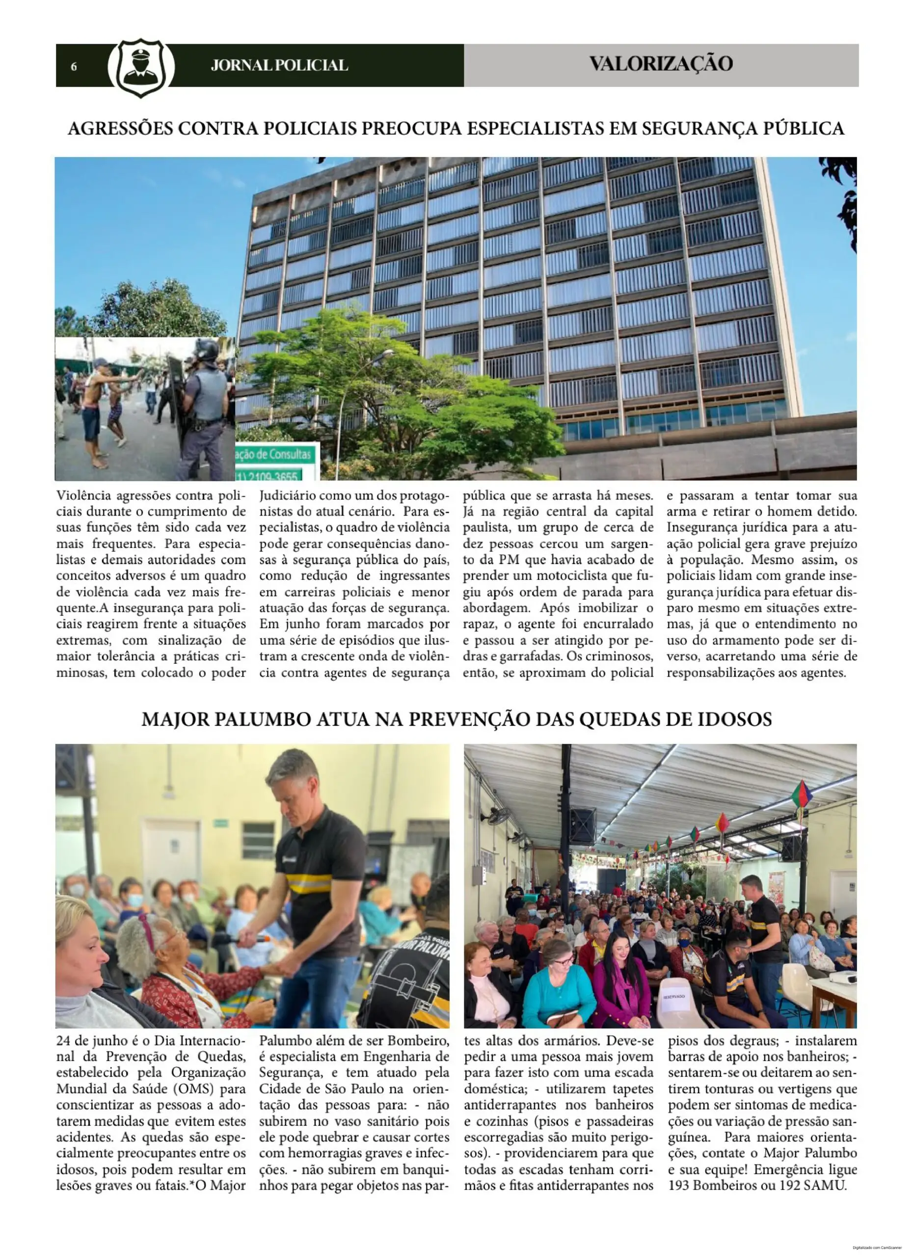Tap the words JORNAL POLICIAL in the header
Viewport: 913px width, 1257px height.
[x=279, y=65]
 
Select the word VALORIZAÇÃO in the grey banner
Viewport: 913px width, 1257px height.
[x=660, y=64]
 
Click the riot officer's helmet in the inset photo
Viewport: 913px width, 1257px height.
[x=207, y=349]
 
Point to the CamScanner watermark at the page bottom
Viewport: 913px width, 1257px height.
[x=881, y=1252]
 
